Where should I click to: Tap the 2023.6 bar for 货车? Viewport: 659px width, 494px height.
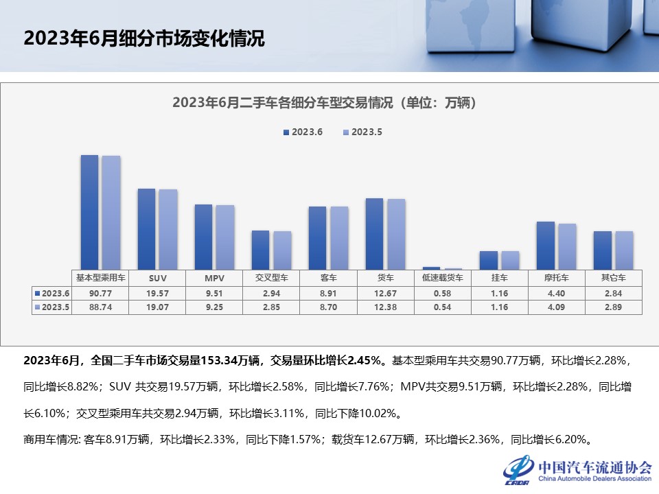point(374,233)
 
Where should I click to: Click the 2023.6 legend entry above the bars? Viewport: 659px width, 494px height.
point(302,132)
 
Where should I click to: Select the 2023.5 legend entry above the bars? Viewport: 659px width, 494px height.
point(362,132)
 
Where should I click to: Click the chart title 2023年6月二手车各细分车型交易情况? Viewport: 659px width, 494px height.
point(324,103)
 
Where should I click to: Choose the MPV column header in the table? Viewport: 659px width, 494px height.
point(215,278)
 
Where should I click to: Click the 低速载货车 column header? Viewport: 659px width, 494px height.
point(443,278)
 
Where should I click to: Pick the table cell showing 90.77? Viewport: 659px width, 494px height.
point(101,293)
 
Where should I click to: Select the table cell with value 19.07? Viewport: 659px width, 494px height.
point(158,307)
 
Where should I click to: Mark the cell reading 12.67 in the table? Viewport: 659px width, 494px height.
point(386,293)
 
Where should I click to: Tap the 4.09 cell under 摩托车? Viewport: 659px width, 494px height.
point(557,307)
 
